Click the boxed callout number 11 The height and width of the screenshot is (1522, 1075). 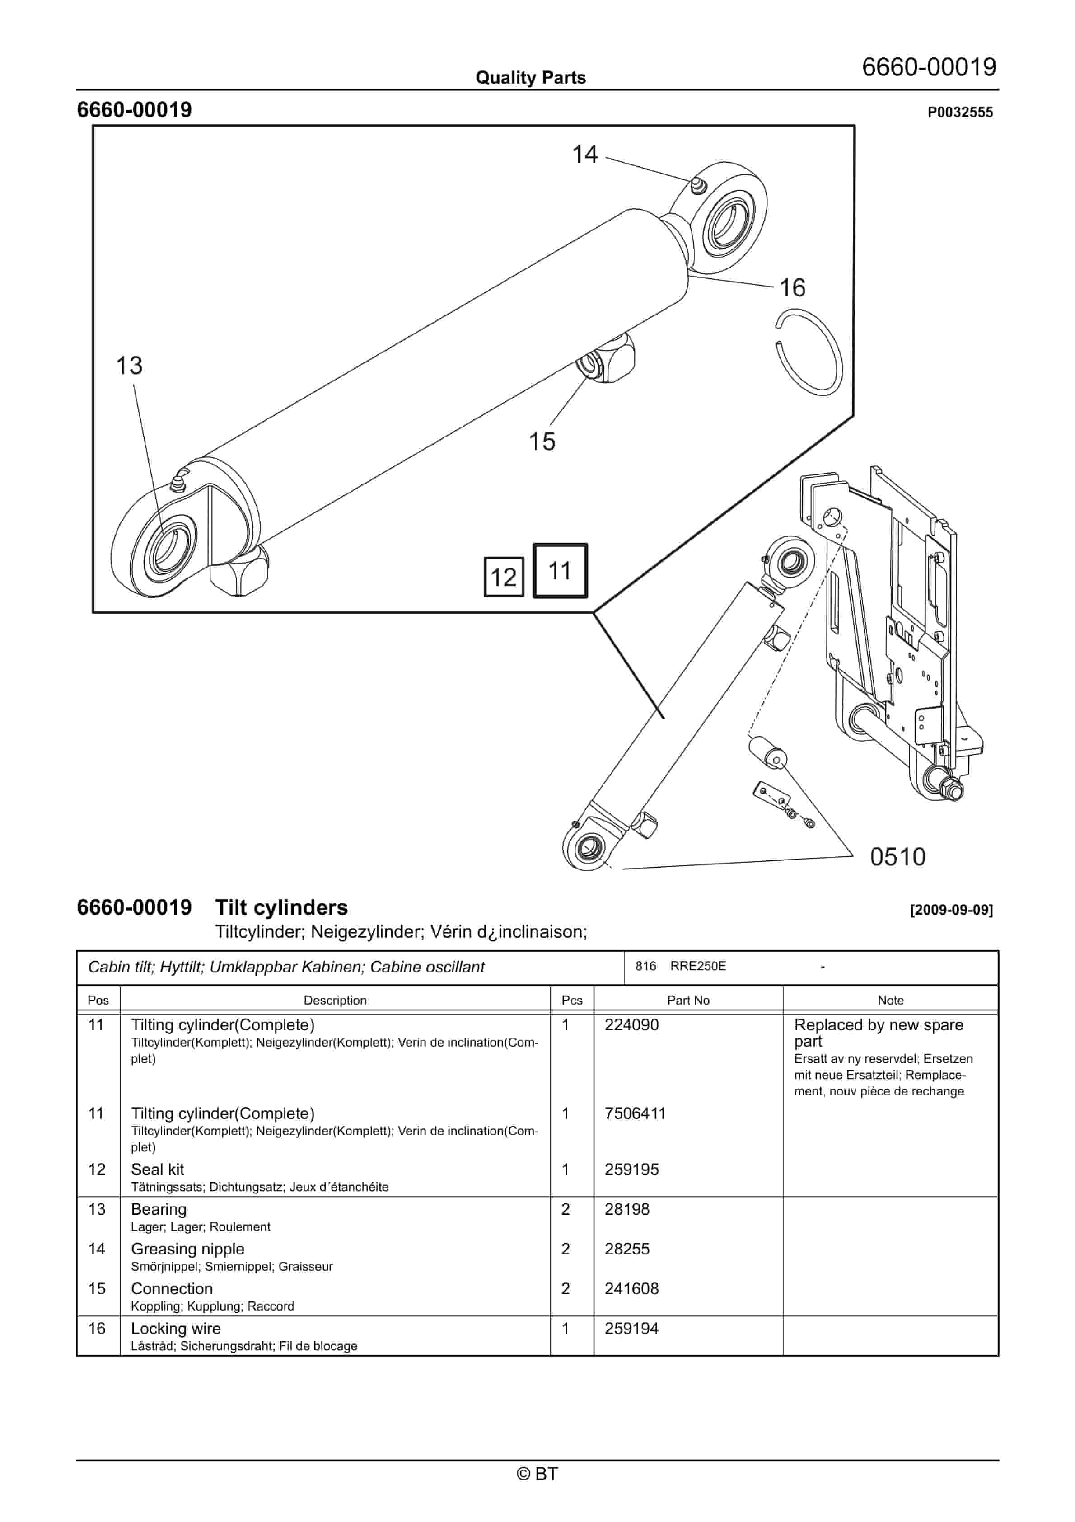pos(560,571)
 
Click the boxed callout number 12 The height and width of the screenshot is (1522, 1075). pos(504,578)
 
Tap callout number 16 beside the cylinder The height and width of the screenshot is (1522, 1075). pos(792,288)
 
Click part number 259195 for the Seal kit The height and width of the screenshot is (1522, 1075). pos(631,1170)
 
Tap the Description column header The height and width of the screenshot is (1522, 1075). pos(335,1001)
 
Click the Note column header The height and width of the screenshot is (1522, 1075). pos(890,1001)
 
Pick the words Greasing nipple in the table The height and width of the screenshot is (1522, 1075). pos(187,1249)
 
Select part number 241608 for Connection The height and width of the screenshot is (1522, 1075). pos(631,1289)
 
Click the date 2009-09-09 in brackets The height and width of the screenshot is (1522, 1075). pos(951,910)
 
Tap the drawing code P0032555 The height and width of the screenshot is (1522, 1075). pos(960,113)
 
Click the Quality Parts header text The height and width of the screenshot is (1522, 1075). pos(530,78)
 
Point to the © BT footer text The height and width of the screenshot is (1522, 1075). pos(537,1474)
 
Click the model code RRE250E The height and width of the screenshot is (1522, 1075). pos(698,966)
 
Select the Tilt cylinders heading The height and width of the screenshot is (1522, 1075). pos(281,907)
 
